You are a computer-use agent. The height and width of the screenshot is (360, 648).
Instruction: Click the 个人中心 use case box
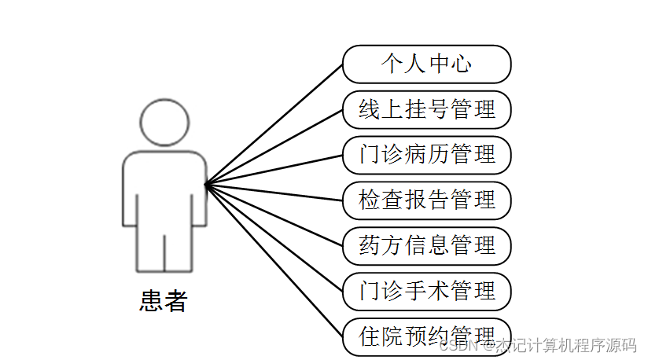[x=426, y=64]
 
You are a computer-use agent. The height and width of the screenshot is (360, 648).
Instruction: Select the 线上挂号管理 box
[x=426, y=109]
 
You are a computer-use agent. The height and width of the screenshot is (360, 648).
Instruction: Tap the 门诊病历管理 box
[x=426, y=155]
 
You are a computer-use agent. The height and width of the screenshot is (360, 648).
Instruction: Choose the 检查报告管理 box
[x=426, y=200]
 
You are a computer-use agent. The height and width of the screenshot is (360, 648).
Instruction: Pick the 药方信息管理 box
[x=426, y=245]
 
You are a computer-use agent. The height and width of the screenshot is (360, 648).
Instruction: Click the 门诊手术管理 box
[x=426, y=291]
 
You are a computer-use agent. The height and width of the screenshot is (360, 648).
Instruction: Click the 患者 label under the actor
[x=164, y=300]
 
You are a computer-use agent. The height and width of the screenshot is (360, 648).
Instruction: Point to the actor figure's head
[x=164, y=123]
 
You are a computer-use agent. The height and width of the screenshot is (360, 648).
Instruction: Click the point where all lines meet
[x=205, y=185]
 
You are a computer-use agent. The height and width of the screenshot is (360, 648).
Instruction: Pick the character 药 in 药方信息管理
[x=370, y=245]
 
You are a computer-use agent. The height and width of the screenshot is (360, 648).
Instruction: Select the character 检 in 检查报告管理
[x=370, y=200]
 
